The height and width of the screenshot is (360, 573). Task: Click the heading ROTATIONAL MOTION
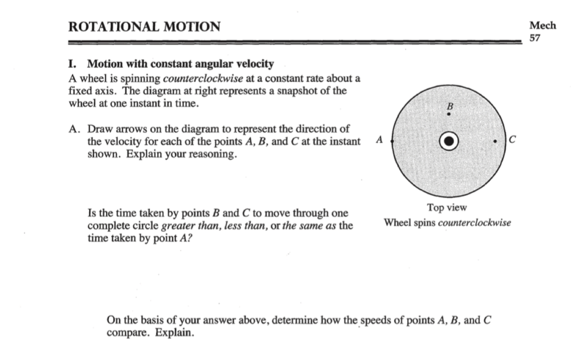pos(144,27)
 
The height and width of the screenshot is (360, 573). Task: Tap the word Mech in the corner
pos(542,26)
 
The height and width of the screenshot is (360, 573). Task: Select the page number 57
pos(535,37)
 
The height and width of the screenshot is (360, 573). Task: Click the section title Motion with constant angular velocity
pos(180,64)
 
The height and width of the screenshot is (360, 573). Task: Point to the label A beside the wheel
pos(379,140)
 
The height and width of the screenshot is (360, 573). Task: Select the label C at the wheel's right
pos(512,140)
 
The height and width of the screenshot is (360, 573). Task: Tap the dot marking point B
pos(449,114)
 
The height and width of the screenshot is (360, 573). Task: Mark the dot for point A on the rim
pos(391,141)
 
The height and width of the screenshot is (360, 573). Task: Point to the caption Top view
pos(447,208)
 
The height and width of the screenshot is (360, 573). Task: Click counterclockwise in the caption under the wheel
pos(475,223)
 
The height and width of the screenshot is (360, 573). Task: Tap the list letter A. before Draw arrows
pos(74,130)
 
